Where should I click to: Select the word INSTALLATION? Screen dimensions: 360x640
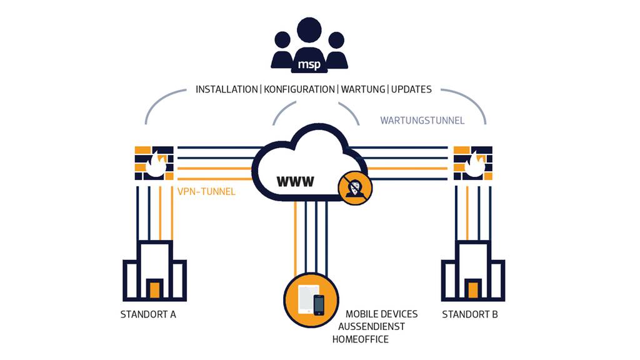point(226,89)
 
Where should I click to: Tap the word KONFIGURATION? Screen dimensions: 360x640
point(299,89)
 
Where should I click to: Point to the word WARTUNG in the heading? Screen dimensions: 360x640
point(363,89)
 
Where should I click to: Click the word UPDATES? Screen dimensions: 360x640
point(411,89)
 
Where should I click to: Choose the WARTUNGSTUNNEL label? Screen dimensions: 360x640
point(422,120)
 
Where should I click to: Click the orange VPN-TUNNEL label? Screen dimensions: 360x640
point(207,192)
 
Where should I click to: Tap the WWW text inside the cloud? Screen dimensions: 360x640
point(296,182)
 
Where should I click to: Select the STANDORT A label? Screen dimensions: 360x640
point(148,314)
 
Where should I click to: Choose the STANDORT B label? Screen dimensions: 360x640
point(470,314)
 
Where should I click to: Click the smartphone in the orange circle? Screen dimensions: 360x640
point(319,304)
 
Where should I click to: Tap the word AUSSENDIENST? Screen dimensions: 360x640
point(372,326)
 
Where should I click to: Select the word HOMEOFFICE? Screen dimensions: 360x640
point(361,339)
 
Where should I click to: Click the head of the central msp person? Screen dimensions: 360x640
point(309,31)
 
